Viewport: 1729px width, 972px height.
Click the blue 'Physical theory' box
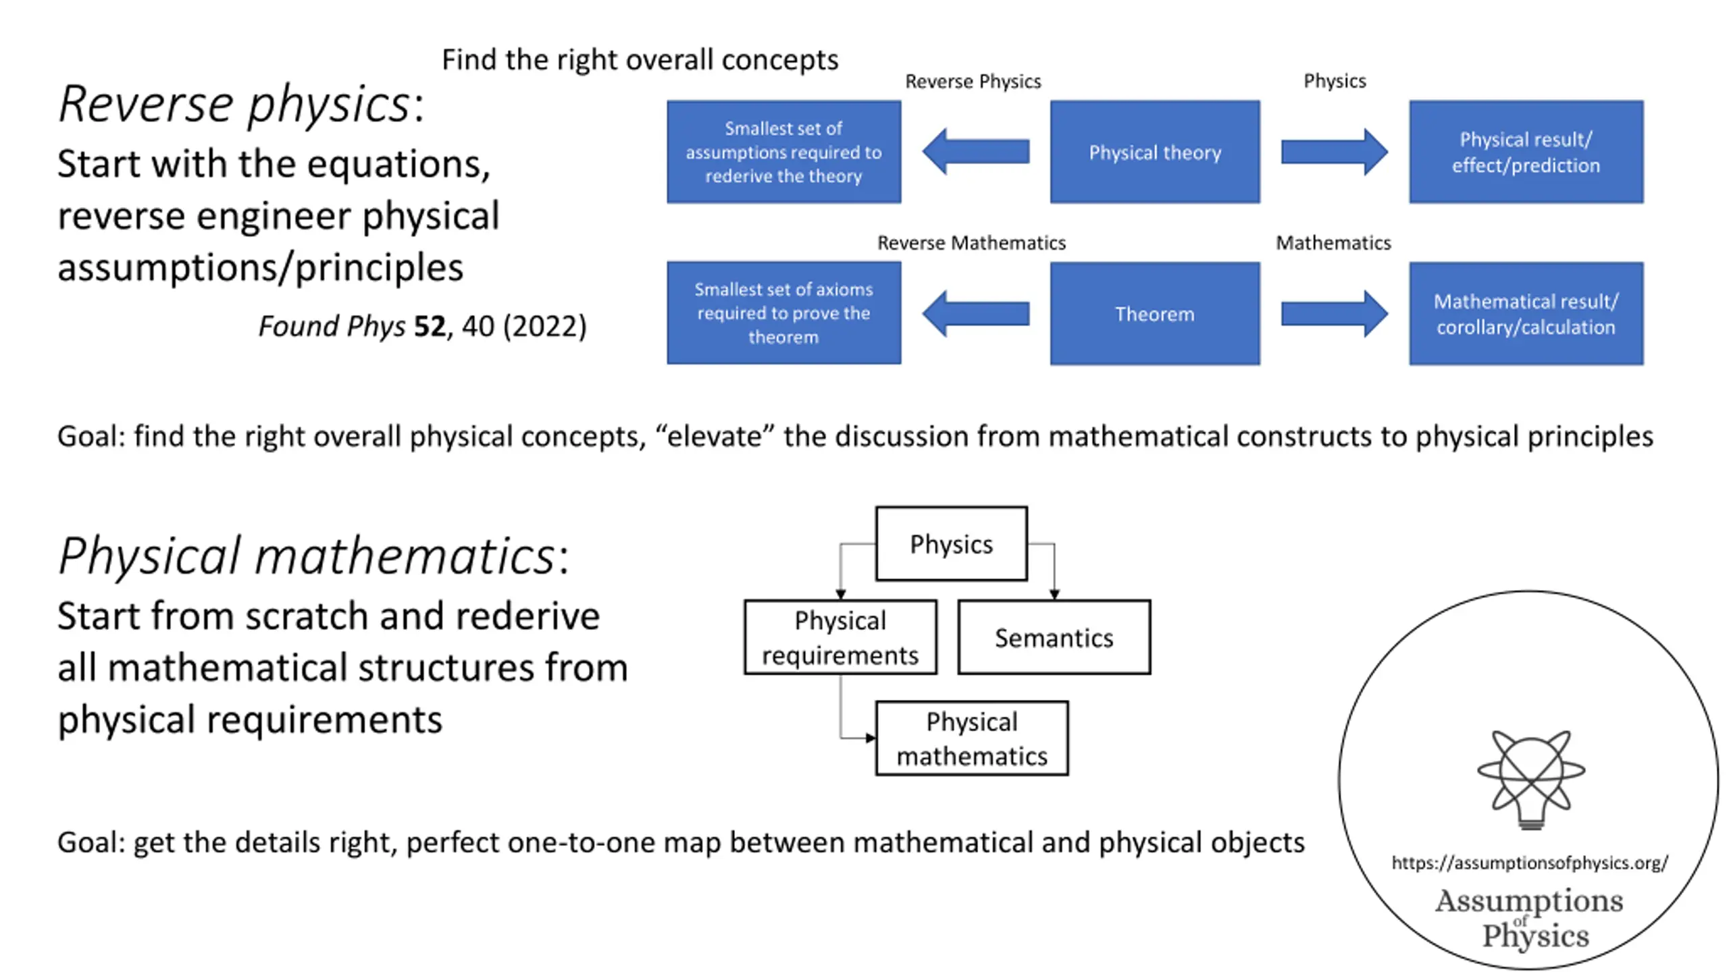[x=1155, y=152]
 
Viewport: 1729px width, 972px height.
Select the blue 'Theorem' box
[x=1155, y=314]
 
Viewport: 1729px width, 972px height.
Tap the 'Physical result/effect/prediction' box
[x=1526, y=152]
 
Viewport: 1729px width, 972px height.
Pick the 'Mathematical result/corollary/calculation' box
[x=1526, y=314]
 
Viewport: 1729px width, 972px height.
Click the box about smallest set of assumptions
[x=783, y=152]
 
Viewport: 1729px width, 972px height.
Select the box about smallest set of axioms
[x=783, y=313]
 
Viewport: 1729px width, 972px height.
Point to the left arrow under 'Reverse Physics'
[x=976, y=151]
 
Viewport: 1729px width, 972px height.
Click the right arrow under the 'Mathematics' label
[x=1335, y=314]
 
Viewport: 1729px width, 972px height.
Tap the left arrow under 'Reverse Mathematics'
[x=976, y=314]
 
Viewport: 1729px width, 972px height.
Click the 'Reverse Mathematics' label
[x=971, y=243]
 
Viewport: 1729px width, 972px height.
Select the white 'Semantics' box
[x=1054, y=637]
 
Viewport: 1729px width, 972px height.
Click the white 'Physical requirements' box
[x=841, y=637]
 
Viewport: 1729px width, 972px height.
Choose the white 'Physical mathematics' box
[x=972, y=738]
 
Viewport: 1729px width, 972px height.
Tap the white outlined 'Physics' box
[x=952, y=544]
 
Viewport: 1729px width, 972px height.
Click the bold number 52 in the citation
[x=430, y=327]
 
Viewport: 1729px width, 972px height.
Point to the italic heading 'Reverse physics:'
[x=241, y=105]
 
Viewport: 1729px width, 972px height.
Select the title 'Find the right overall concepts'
[x=640, y=60]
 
